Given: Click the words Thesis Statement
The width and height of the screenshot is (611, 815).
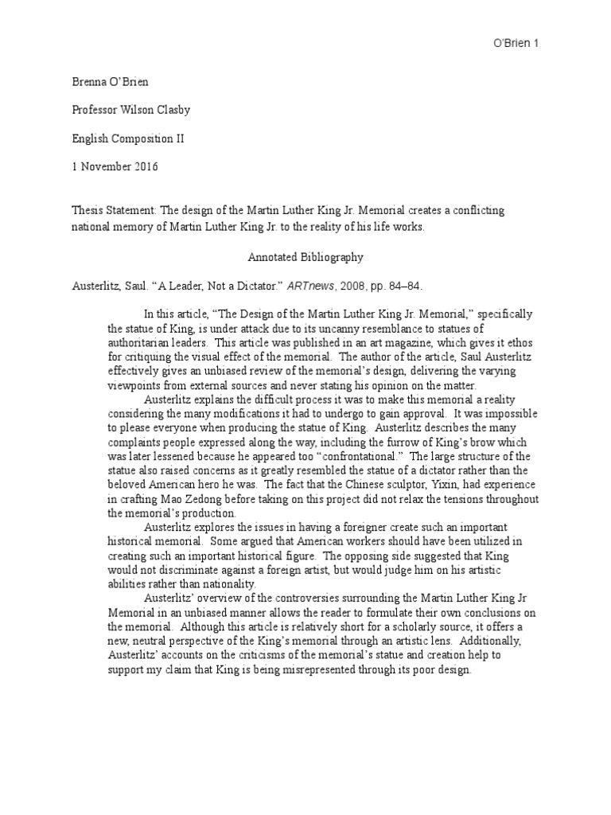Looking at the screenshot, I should pos(111,209).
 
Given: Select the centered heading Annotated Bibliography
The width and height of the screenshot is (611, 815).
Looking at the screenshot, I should pos(305,258).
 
